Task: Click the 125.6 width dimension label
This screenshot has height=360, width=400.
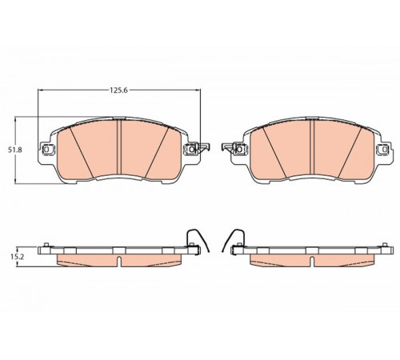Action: point(118,90)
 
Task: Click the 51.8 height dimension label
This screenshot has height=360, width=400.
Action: point(14,150)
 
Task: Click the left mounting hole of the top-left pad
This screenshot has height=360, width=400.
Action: point(46,149)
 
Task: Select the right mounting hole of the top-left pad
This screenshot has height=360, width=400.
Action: point(191,149)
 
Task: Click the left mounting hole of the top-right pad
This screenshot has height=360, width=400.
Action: point(239,149)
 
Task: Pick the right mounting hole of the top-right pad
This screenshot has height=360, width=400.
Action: point(385,149)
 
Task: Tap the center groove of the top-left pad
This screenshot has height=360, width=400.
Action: point(119,147)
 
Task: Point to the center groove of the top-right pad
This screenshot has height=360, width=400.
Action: point(312,147)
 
